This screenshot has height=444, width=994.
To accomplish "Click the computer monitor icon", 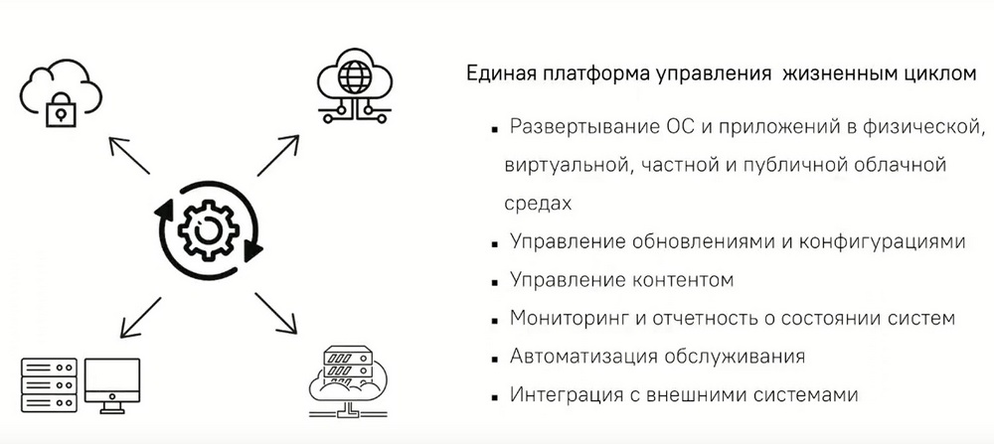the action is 112,385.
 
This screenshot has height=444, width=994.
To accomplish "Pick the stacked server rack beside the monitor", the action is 49,385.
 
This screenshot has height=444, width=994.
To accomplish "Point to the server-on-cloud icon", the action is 347,381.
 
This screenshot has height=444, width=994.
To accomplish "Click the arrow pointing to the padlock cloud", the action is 128,155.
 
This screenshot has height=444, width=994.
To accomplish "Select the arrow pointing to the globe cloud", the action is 277,155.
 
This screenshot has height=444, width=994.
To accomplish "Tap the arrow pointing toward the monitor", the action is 141,317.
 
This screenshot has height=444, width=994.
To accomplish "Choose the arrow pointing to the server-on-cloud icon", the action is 275,313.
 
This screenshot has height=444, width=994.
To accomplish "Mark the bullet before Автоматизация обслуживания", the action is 494,359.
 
